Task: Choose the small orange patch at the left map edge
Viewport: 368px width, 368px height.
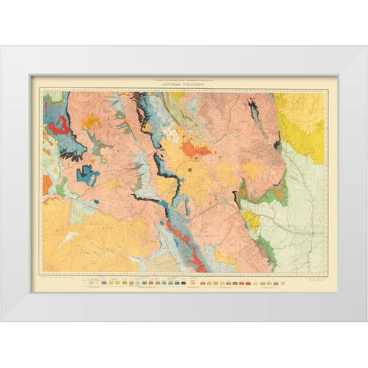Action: click(46, 184)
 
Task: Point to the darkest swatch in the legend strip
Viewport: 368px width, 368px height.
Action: click(181, 282)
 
